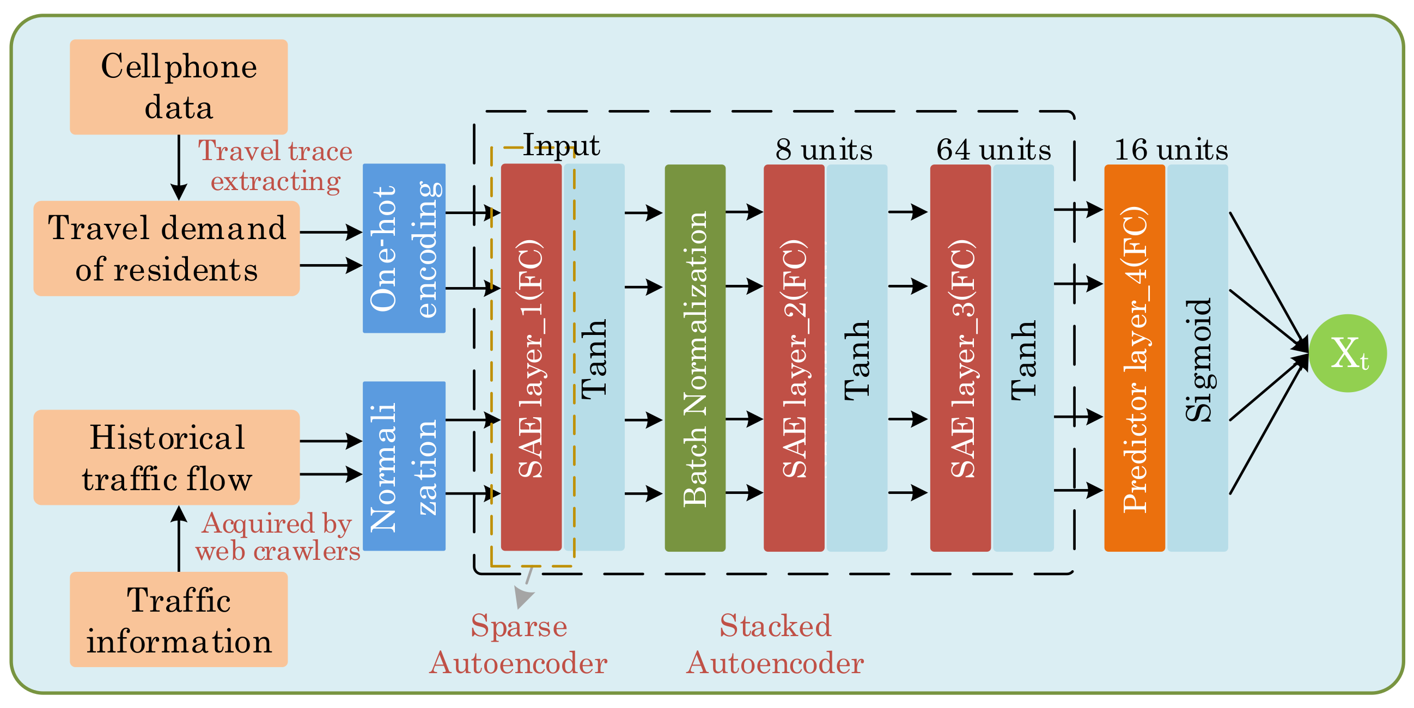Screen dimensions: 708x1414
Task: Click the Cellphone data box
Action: click(179, 87)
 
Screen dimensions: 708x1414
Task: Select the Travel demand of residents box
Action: click(166, 248)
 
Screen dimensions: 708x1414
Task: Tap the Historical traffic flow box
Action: click(166, 457)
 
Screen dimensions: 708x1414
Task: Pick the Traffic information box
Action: click(179, 619)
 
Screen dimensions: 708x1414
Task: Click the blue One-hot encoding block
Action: click(404, 248)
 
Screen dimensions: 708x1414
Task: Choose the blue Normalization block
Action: click(404, 466)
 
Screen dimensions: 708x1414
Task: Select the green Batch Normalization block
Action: click(695, 358)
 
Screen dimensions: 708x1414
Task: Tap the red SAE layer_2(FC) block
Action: click(794, 358)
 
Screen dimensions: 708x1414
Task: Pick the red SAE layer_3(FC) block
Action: click(960, 358)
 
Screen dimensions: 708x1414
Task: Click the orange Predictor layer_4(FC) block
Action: click(1134, 358)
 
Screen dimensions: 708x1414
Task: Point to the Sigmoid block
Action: click(1197, 358)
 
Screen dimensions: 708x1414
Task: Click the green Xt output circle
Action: click(1348, 353)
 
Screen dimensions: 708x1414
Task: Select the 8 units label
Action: click(824, 149)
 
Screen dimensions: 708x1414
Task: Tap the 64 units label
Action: click(993, 149)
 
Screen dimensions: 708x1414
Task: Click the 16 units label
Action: click(1171, 149)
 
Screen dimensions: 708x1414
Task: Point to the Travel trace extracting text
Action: click(275, 166)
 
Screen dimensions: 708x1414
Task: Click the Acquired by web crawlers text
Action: click(277, 537)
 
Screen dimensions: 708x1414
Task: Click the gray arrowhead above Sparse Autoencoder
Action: click(522, 596)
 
